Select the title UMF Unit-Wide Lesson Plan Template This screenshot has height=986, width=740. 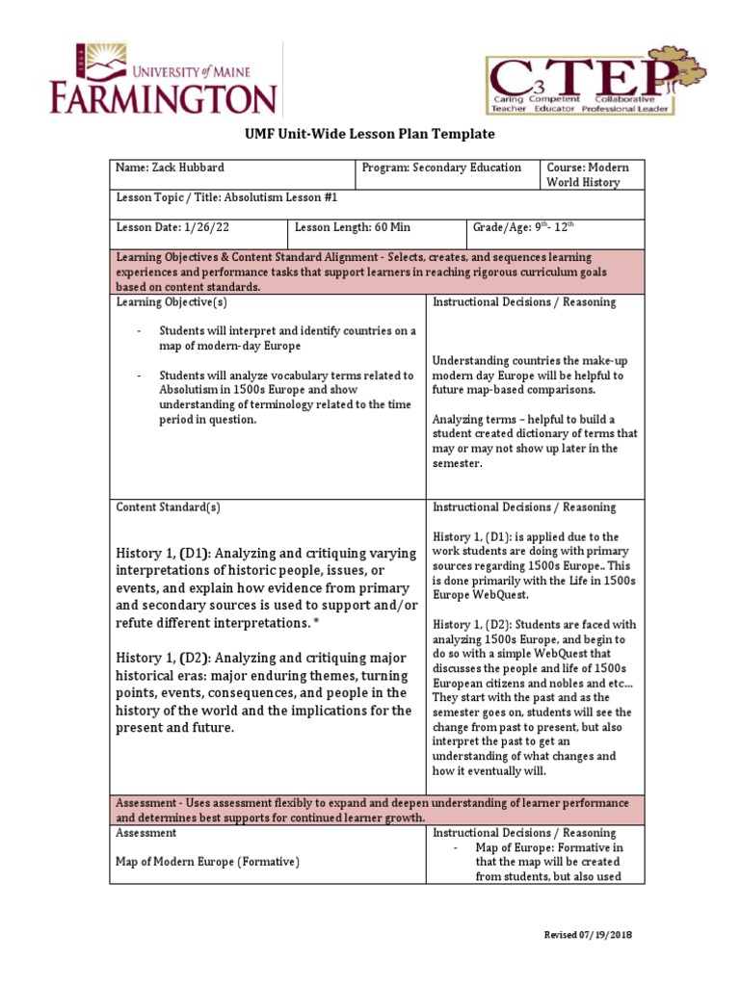(x=370, y=134)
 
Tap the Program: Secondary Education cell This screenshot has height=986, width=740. (x=441, y=168)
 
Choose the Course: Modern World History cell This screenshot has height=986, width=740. (x=588, y=174)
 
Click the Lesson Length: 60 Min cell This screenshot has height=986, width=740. (x=353, y=227)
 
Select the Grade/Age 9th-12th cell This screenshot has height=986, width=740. (x=524, y=227)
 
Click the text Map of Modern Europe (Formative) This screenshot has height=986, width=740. (x=207, y=862)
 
